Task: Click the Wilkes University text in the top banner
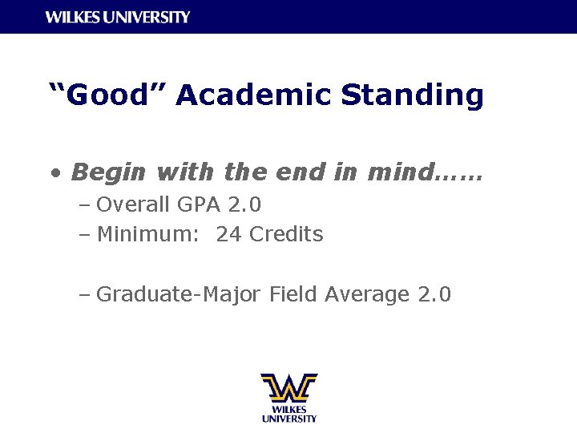point(118,17)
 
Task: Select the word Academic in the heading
point(253,95)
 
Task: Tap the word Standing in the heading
point(412,95)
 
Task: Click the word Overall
point(133,205)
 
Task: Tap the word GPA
point(199,205)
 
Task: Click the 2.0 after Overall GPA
point(244,205)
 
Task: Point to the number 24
point(228,235)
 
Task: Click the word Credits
point(286,235)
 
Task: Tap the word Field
point(293,295)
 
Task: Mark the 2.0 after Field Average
point(435,295)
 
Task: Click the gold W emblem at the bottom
point(288,387)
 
